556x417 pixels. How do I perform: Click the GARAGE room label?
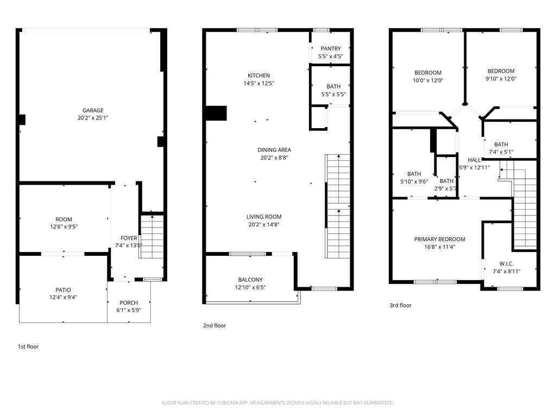coord(93,110)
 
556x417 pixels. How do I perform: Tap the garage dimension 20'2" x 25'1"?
coord(93,118)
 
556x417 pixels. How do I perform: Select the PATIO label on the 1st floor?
coord(63,290)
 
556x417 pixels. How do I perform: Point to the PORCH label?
coord(129,302)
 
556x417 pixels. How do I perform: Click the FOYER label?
coord(129,238)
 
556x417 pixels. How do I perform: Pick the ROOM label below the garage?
coord(64,219)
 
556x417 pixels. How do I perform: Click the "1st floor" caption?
coord(28,346)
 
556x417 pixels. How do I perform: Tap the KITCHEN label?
coord(258,75)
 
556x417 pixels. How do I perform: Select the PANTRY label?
coord(331,49)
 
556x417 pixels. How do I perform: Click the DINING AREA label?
coord(274,150)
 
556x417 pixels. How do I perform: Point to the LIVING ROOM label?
coord(264,217)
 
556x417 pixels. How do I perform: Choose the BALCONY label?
coord(250,280)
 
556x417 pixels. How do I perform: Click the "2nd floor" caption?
coord(214,326)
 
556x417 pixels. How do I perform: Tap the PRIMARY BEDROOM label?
coord(440,239)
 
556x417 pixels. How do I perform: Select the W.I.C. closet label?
coord(506,263)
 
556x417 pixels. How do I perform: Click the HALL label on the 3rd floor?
coord(474,160)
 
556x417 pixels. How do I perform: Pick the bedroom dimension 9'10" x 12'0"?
coord(501,79)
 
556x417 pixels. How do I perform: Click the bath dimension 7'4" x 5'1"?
coord(501,152)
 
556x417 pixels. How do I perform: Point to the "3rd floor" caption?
coord(401,305)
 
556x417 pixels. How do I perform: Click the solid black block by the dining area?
coord(216,112)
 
